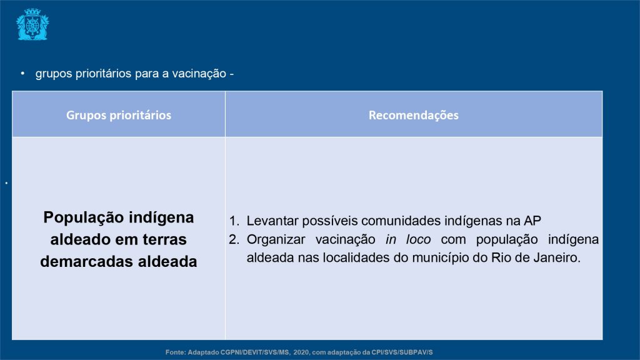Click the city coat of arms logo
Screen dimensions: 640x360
32,24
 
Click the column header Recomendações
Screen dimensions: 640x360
414,115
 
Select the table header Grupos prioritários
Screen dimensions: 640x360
119,115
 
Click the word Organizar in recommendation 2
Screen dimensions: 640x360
276,239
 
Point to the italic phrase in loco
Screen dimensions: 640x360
408,239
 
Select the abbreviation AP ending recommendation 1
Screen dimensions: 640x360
532,221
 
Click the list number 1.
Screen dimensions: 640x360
234,221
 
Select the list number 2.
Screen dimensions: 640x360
234,239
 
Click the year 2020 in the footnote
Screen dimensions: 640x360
301,352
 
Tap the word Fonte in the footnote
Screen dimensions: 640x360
176,352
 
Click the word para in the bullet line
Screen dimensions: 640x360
146,74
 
